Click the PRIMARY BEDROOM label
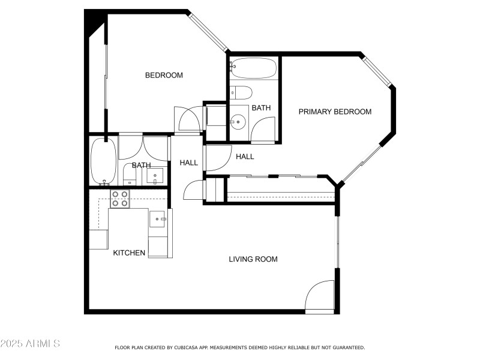pyautogui.click(x=335, y=112)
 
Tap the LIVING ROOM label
pyautogui.click(x=253, y=259)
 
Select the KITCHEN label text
pyautogui.click(x=129, y=253)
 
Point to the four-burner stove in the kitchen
pyautogui.click(x=120, y=199)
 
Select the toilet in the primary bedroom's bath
pyautogui.click(x=241, y=92)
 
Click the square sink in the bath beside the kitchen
pyautogui.click(x=155, y=176)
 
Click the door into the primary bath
pyautogui.click(x=263, y=129)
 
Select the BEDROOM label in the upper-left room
pyautogui.click(x=164, y=75)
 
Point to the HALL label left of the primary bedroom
pyautogui.click(x=244, y=157)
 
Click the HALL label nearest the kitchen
pyautogui.click(x=188, y=163)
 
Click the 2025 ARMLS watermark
pyautogui.click(x=30, y=344)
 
